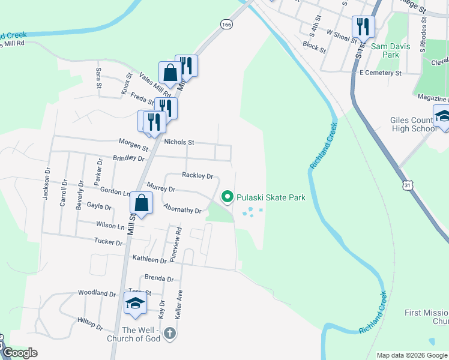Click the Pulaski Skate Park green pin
(x=227, y=197)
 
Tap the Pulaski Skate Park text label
(x=271, y=197)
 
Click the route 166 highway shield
(x=226, y=25)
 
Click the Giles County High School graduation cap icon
(x=442, y=117)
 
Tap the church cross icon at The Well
(x=170, y=332)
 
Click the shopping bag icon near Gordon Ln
(x=140, y=203)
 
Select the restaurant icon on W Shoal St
(x=363, y=26)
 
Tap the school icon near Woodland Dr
(x=135, y=302)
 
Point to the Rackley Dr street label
(x=197, y=176)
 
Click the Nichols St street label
(x=179, y=142)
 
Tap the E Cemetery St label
(x=380, y=73)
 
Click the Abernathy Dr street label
(x=182, y=210)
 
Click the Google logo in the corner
(x=19, y=353)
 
